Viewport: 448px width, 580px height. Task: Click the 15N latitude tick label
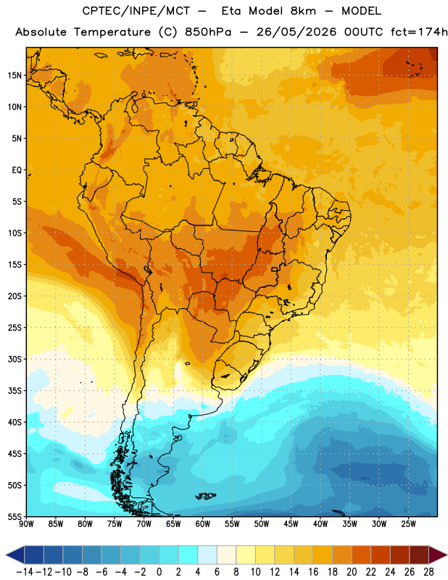(x=14, y=75)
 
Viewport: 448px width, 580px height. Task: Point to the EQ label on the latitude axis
(x=17, y=170)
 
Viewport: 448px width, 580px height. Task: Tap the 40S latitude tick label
(x=14, y=422)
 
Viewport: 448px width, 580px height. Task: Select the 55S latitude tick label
(x=14, y=516)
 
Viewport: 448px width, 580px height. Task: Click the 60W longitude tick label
(x=203, y=524)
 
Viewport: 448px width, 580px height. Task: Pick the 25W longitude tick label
(x=408, y=524)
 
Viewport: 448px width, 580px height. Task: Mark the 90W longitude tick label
(x=27, y=524)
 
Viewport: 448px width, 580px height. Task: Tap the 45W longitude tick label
(x=291, y=524)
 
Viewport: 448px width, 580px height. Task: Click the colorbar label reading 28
(x=428, y=572)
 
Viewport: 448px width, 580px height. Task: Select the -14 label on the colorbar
(x=25, y=572)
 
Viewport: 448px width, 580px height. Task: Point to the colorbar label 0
(x=159, y=572)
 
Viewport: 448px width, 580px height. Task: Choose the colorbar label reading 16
(x=313, y=572)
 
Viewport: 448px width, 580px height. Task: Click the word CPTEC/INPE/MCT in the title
(x=136, y=11)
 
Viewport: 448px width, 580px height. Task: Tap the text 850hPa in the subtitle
(x=208, y=32)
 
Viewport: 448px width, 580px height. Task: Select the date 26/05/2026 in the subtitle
(x=296, y=32)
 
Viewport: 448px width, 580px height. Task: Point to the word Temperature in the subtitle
(x=112, y=32)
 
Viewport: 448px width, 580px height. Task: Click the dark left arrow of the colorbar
(x=14, y=555)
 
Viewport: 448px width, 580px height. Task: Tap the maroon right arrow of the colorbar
(x=438, y=555)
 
